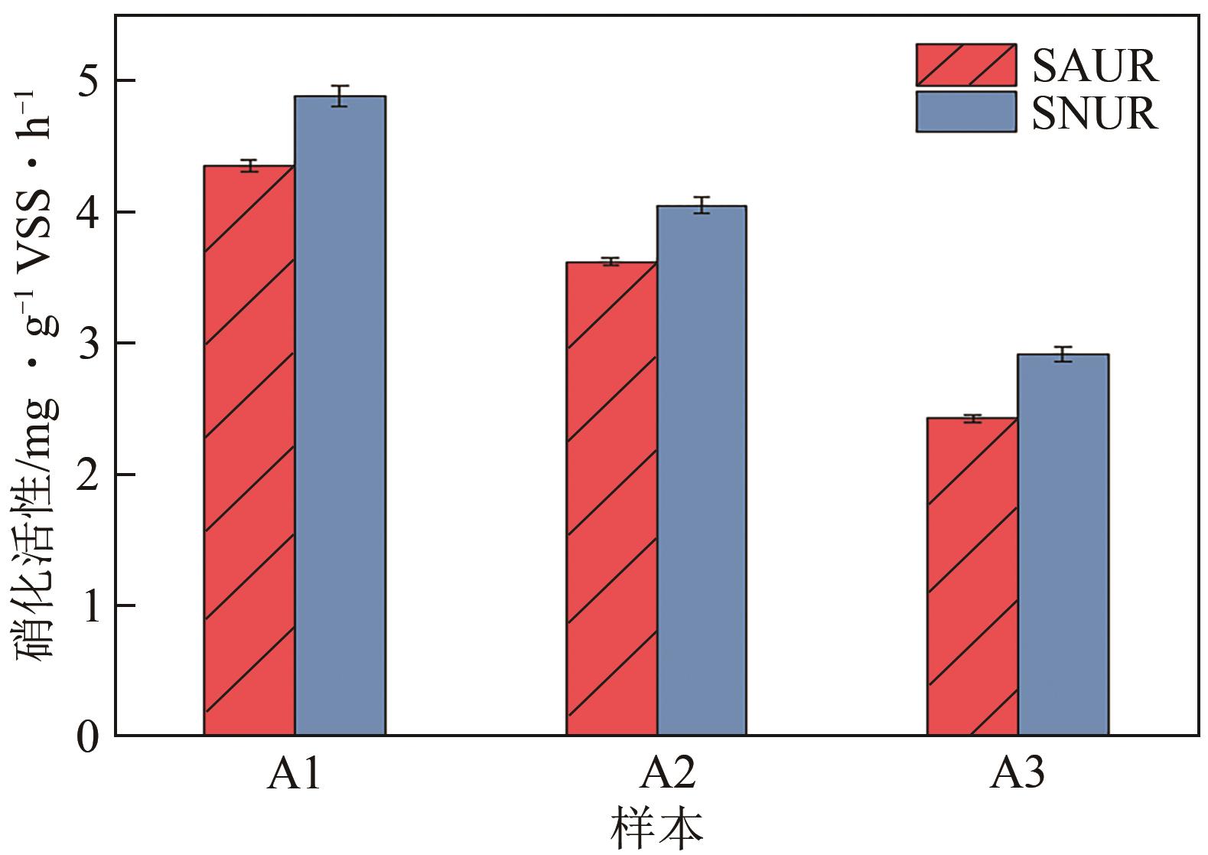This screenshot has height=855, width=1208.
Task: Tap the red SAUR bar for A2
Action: tap(611, 498)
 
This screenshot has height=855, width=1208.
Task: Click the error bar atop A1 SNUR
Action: tap(340, 96)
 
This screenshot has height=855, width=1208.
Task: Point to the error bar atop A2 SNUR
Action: tap(702, 205)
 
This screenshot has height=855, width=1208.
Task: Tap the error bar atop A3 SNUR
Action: tap(1063, 354)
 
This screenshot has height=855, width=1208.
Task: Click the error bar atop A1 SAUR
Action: tap(249, 165)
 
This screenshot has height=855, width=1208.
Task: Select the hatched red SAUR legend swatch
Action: tap(965, 65)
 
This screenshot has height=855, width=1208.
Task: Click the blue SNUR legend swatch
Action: tap(965, 112)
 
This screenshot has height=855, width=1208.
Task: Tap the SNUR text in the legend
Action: tap(1094, 113)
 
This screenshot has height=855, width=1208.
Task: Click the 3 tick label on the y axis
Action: tap(90, 343)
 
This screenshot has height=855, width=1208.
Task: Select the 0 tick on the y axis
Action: tap(90, 737)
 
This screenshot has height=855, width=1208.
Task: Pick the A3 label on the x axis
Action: tap(1018, 775)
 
